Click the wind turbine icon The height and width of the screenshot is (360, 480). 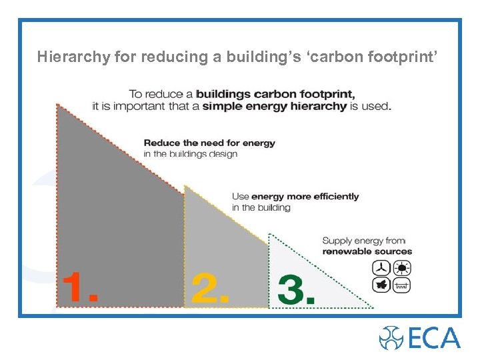(381, 268)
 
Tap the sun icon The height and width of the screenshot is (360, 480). (402, 268)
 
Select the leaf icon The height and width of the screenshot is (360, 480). (381, 285)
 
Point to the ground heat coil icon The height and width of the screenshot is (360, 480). (402, 285)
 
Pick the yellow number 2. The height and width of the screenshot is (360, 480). (210, 289)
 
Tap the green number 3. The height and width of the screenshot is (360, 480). (295, 289)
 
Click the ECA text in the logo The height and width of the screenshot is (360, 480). (434, 337)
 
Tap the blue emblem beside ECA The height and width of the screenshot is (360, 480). (391, 338)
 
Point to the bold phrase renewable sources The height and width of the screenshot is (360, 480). (367, 251)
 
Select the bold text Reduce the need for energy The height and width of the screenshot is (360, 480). (209, 143)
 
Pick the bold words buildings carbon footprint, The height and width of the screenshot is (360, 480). (275, 94)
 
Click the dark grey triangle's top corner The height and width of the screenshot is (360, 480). (57, 103)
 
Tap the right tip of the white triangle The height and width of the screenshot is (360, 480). (373, 307)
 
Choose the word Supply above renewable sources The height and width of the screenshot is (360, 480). (337, 241)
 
